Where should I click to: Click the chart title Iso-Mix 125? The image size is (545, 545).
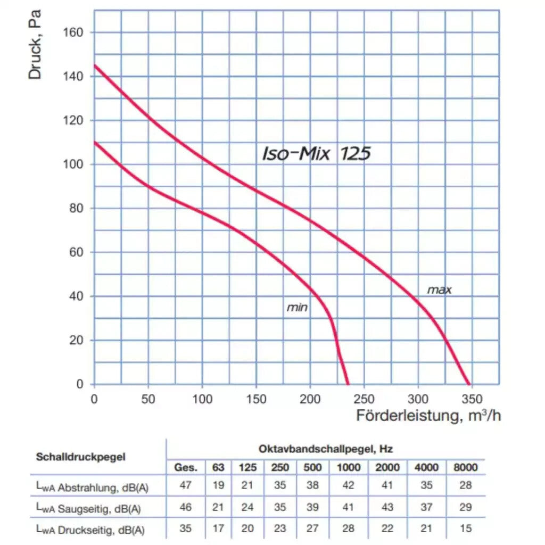coord(316,154)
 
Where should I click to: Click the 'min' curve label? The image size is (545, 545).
coord(297,308)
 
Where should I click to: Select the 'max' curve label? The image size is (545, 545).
coord(439,290)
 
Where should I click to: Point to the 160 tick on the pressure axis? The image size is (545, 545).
coord(73,32)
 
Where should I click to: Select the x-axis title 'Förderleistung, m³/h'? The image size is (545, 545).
coord(428,416)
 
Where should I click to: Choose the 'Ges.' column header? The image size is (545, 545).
coord(186,468)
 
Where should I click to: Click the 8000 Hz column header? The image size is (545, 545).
coord(465,468)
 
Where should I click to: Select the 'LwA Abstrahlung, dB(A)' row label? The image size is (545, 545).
coord(88,486)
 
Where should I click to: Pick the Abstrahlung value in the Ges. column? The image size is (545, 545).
coord(186,485)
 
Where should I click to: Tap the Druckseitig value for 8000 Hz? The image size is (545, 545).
coord(465,529)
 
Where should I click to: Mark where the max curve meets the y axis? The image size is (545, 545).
coord(95,65)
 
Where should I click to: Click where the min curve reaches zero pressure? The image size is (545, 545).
coord(349,384)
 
